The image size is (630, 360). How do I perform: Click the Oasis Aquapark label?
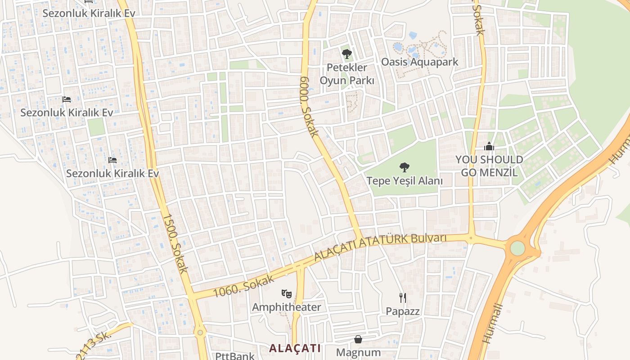419,62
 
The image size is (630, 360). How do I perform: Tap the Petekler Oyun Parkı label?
346,74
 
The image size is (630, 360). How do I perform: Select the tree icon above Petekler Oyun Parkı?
346,54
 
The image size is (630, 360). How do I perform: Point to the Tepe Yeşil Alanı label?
405,181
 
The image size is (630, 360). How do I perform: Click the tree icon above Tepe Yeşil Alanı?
405,167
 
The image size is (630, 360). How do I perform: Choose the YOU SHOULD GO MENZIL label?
489,166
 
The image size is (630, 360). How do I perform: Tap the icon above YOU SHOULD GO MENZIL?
489,146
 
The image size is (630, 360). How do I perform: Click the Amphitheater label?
286,307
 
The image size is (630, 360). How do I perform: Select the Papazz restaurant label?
403,311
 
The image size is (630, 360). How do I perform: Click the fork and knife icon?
403,297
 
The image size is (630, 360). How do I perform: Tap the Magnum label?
358,352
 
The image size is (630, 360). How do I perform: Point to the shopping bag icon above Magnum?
358,339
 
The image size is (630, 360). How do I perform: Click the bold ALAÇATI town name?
295,348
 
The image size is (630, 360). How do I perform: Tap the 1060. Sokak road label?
243,286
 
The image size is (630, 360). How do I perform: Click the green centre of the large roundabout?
517,248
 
